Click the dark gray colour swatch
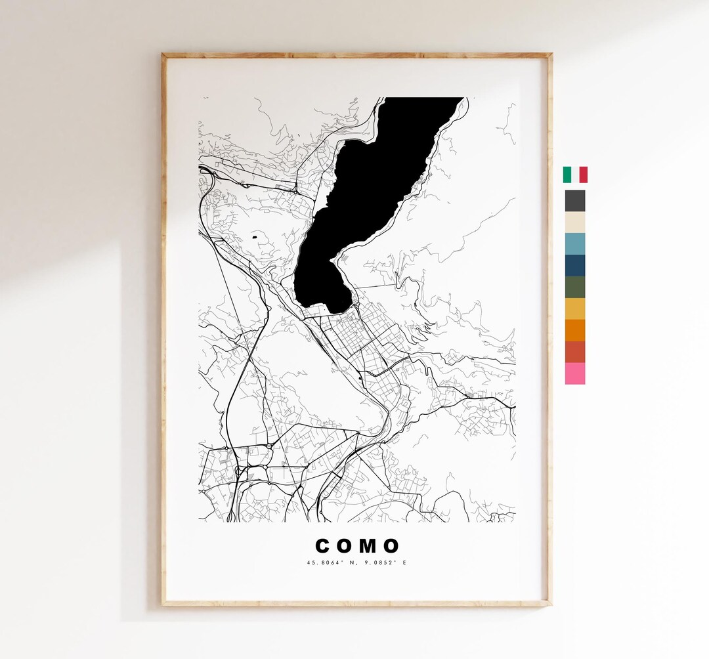[x=575, y=201]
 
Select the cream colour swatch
[x=575, y=222]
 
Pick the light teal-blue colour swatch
[x=575, y=244]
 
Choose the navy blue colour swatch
[x=575, y=265]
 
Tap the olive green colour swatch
[x=575, y=287]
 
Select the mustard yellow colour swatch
[x=575, y=308]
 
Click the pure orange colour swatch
[x=575, y=330]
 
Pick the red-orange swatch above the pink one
[x=575, y=352]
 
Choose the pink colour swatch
[x=575, y=373]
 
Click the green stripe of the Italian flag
[x=567, y=175]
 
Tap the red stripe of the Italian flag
[x=584, y=175]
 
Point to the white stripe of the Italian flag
[x=575, y=175]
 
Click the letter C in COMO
[x=323, y=546]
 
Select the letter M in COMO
[x=368, y=546]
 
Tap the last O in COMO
[x=391, y=546]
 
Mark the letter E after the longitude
[x=404, y=563]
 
